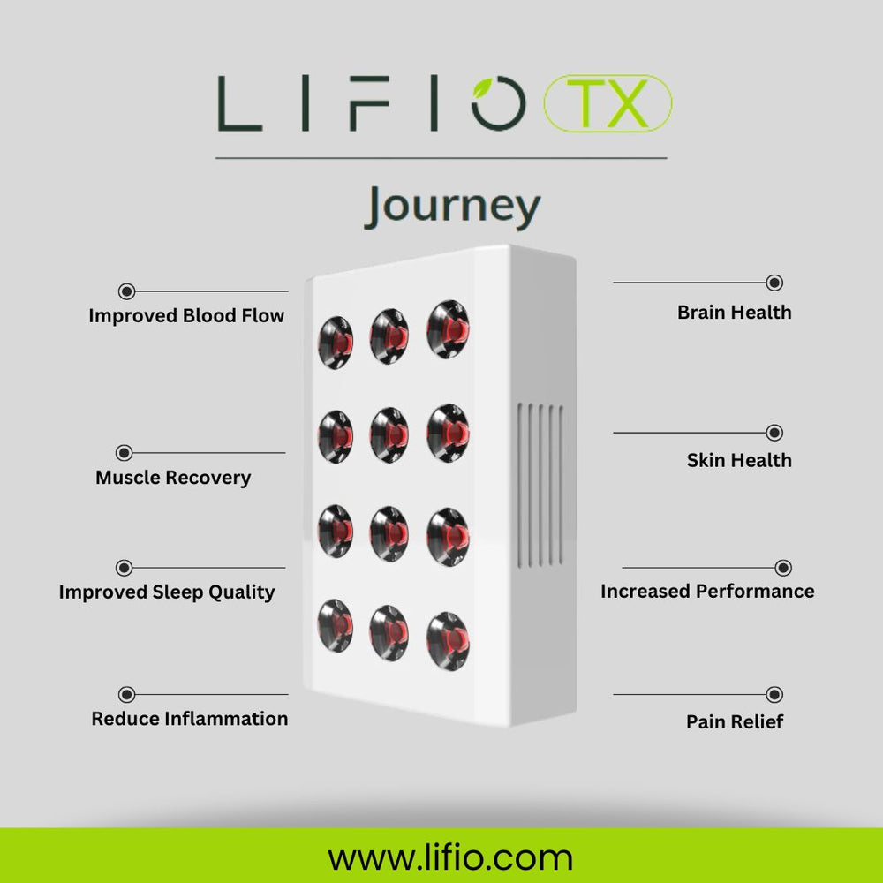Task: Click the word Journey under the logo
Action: click(452, 207)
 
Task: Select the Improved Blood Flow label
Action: click(186, 315)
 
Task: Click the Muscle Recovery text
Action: click(173, 478)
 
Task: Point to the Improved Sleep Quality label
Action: click(167, 592)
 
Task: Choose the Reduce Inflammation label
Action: click(189, 719)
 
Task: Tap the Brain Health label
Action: click(734, 312)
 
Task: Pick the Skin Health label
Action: click(739, 460)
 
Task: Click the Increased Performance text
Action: click(707, 591)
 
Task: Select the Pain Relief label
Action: click(735, 721)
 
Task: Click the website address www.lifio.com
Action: click(450, 857)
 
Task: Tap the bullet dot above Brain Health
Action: click(774, 283)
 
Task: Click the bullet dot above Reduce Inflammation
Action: click(126, 695)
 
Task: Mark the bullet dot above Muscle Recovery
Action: click(125, 453)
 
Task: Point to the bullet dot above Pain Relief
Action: click(774, 695)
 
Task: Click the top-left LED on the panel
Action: click(336, 341)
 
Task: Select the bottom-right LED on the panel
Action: click(448, 639)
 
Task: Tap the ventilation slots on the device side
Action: click(540, 485)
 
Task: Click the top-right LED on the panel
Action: click(449, 328)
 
